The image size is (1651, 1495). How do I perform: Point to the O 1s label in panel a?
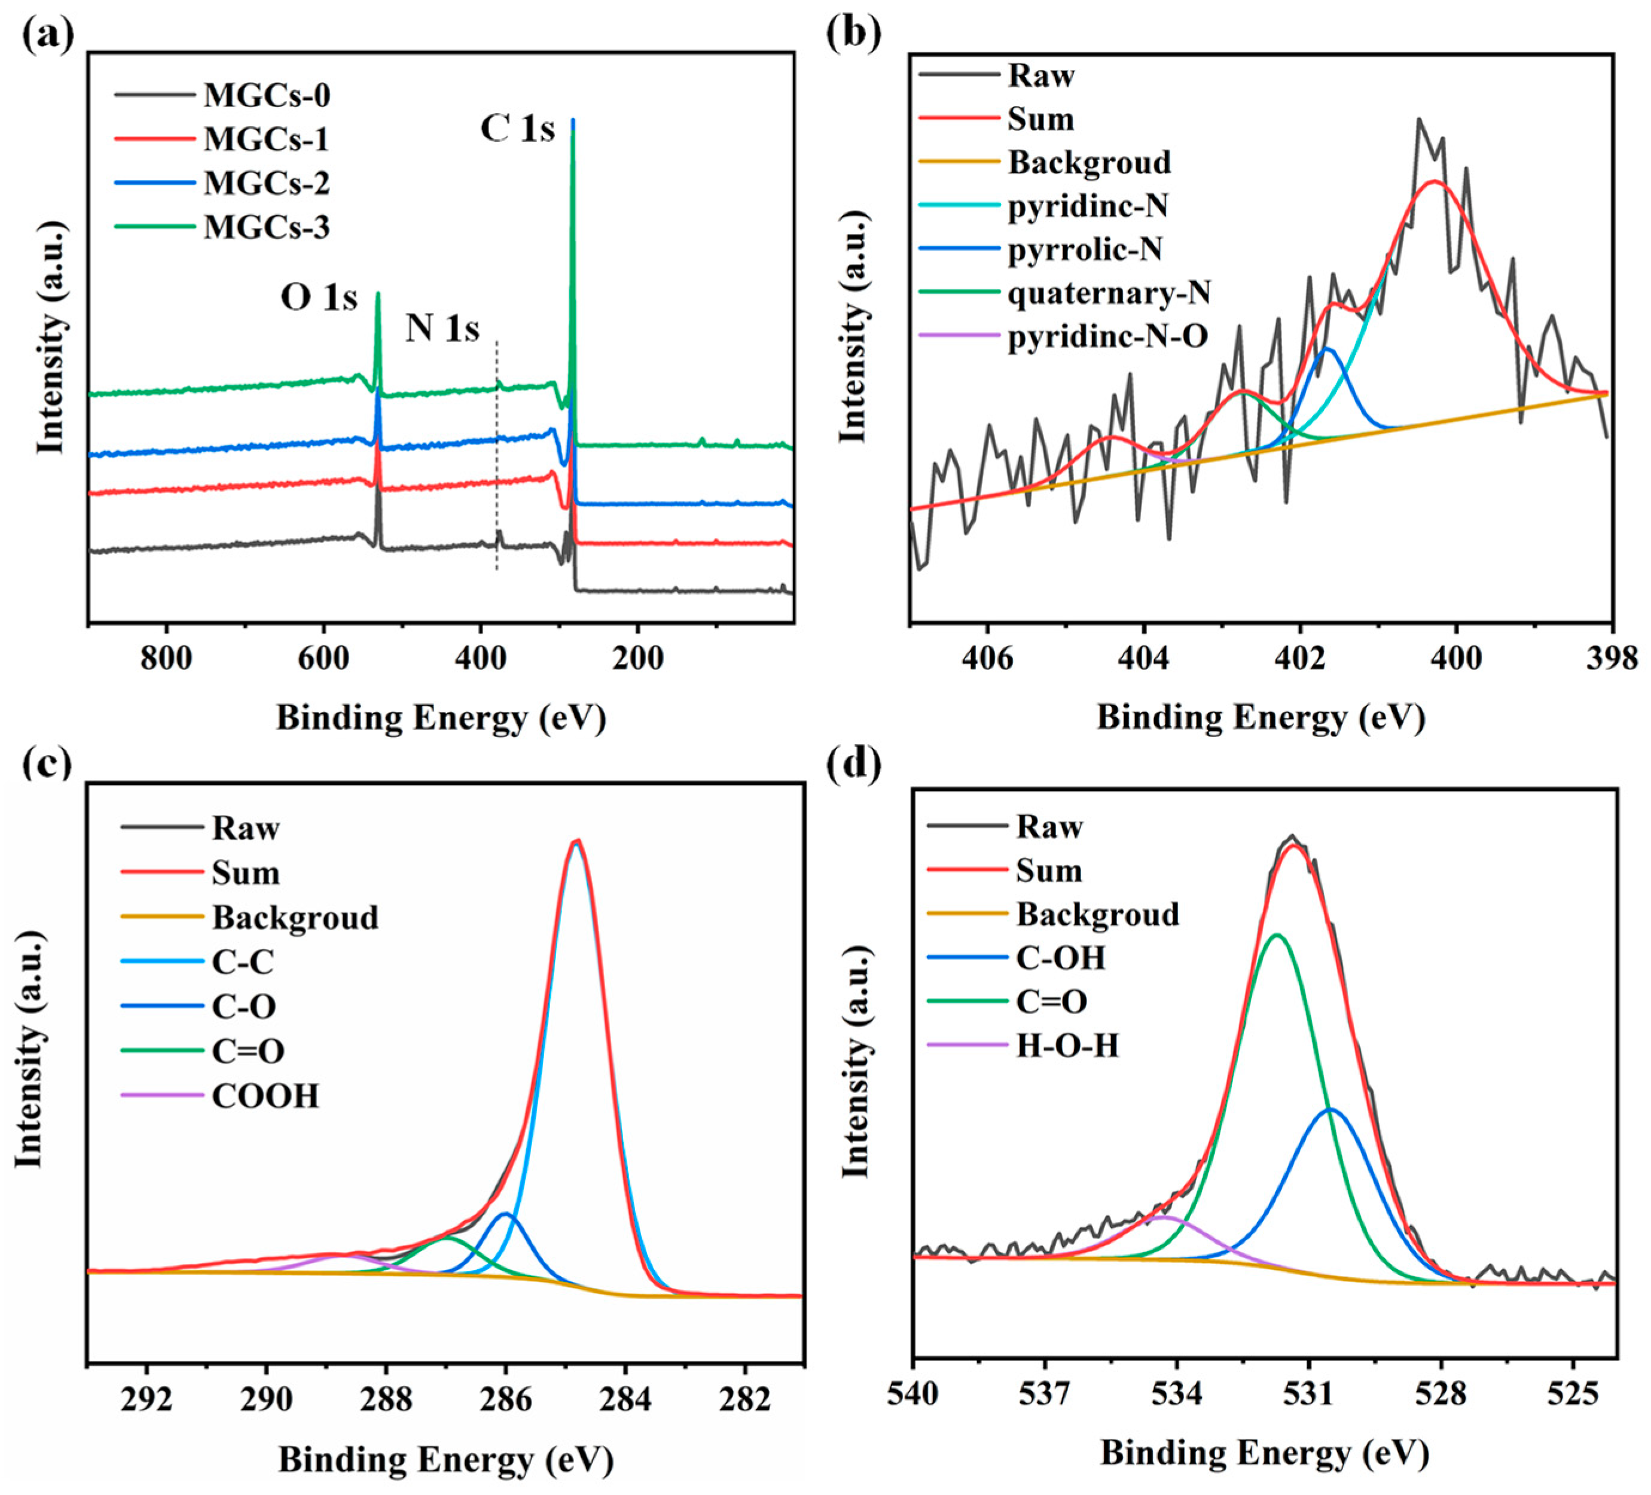click(x=319, y=297)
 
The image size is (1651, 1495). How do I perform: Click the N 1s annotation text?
click(x=442, y=328)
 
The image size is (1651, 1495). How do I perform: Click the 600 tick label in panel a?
click(x=324, y=658)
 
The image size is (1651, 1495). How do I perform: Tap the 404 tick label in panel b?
click(x=1143, y=658)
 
